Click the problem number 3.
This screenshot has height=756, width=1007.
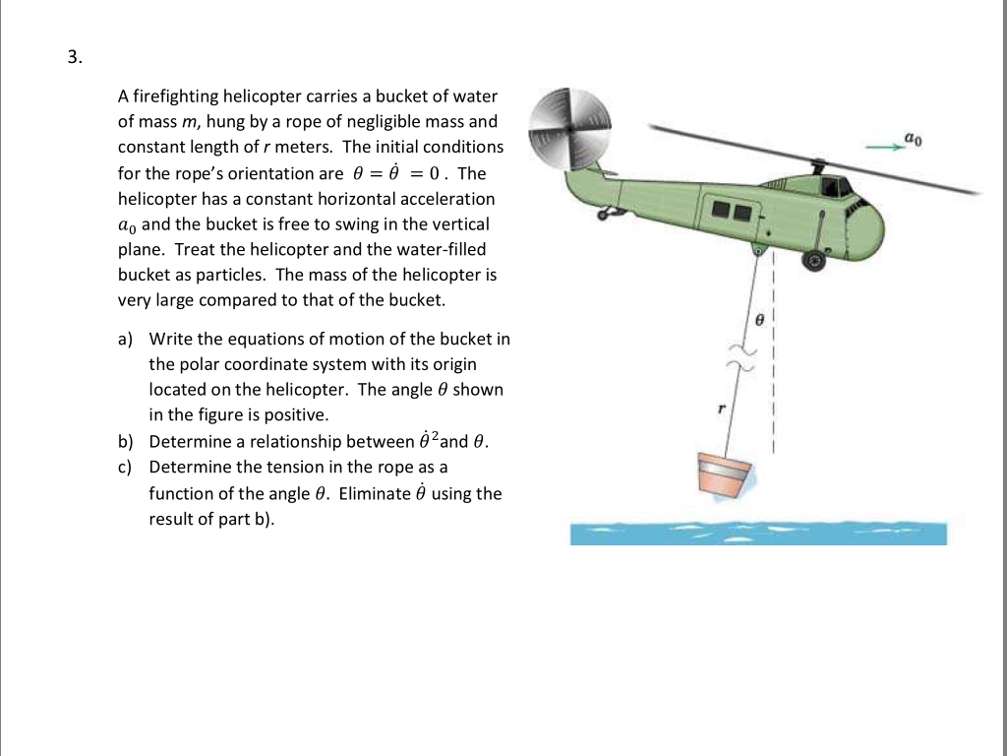click(73, 57)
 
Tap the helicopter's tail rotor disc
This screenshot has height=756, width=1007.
click(570, 127)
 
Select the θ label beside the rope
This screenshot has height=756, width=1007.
click(758, 320)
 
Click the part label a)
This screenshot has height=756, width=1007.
click(125, 339)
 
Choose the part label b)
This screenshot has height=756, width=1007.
click(125, 441)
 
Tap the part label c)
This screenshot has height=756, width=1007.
click(125, 467)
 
